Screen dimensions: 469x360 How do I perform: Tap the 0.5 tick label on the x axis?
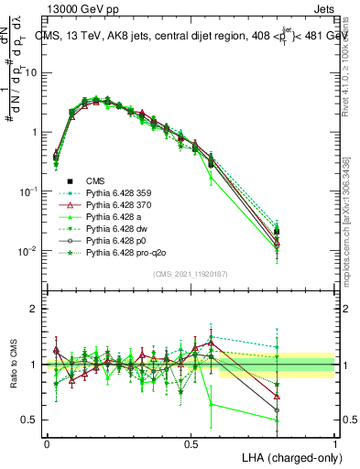coord(191,443)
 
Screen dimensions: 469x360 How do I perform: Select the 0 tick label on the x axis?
coord(47,443)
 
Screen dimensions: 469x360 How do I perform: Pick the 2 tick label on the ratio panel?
coord(34,309)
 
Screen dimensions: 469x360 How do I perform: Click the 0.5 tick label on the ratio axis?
coord(29,420)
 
